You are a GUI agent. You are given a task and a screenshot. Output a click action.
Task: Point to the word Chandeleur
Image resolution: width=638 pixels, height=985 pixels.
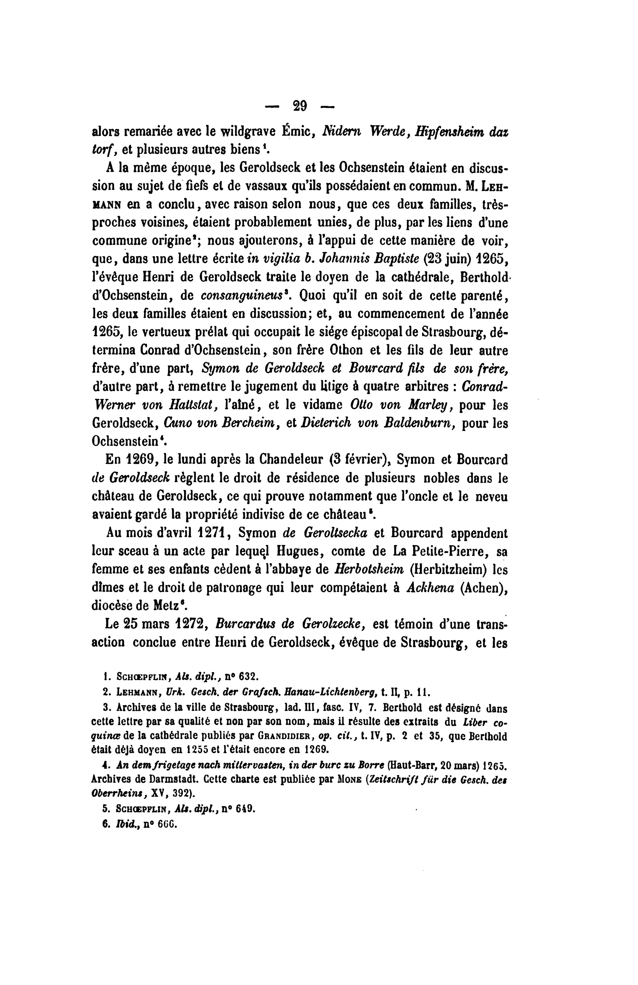(297, 460)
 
